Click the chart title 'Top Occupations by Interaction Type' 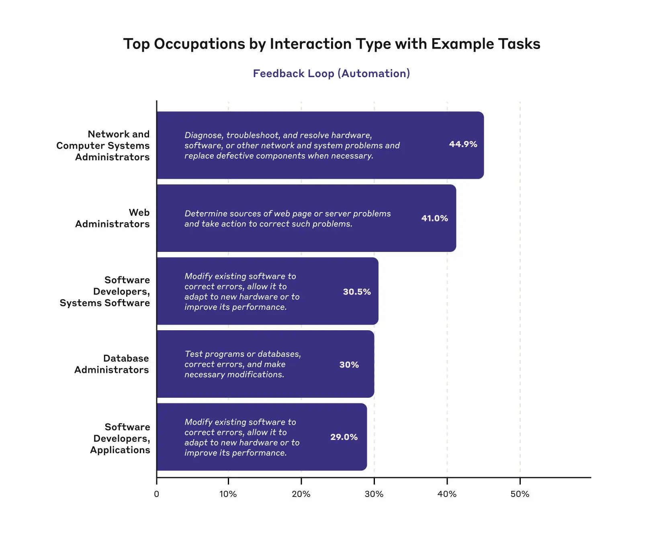tap(331, 44)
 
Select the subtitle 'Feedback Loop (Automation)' tap(331, 74)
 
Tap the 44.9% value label tap(463, 144)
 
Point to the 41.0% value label tap(434, 218)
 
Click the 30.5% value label tap(357, 292)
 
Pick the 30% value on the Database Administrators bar tap(349, 365)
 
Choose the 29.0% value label tap(344, 437)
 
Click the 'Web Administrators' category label tap(113, 218)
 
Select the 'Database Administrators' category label tap(112, 364)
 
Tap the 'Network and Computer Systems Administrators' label tap(103, 145)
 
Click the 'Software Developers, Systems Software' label tap(105, 291)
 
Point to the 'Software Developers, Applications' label tap(120, 438)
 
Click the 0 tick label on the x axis tap(157, 494)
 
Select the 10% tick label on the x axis tap(228, 494)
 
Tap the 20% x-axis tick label tap(301, 494)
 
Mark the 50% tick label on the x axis tap(520, 494)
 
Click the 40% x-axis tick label tap(447, 494)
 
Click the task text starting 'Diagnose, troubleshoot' tap(292, 145)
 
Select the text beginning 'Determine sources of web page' tap(288, 219)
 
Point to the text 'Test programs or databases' tap(243, 364)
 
